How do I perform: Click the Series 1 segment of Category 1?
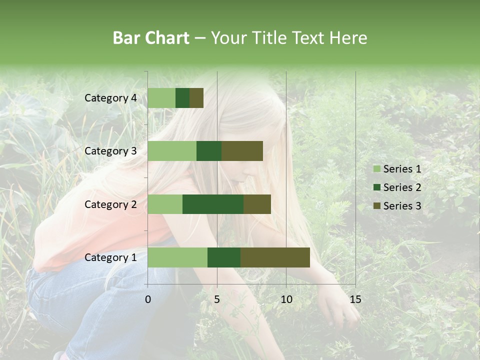coord(177,257)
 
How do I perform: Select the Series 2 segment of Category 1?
coord(224,257)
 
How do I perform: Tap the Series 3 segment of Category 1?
coord(275,257)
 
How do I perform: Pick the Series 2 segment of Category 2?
coord(213,204)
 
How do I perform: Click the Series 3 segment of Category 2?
coord(257,204)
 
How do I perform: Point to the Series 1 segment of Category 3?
coord(172,151)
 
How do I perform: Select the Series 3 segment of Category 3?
coord(242,151)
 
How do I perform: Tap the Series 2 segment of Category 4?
coord(182,98)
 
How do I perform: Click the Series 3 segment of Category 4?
coord(196,98)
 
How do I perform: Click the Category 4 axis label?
coord(110,98)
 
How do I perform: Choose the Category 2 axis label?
coord(110,204)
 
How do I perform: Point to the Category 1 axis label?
coord(110,257)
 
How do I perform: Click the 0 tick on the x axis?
coord(148,299)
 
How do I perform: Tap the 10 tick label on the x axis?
coord(286,299)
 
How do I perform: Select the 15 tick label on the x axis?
coord(355,299)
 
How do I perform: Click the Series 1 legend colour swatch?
coord(376,169)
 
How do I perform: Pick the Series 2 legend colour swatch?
coord(376,187)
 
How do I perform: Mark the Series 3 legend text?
coord(402,206)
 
